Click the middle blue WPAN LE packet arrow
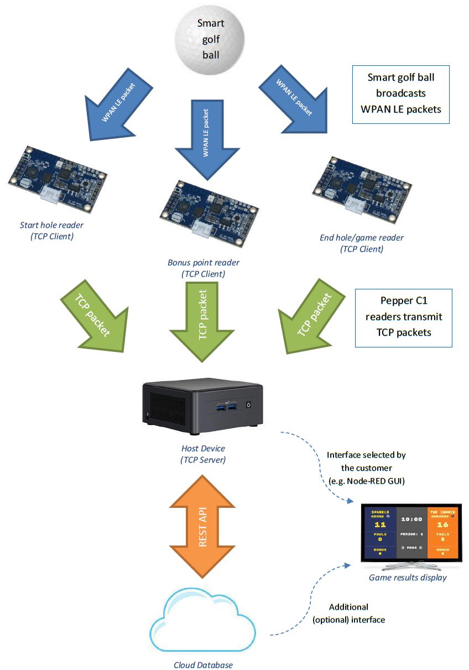click(x=205, y=138)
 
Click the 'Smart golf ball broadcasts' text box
click(x=400, y=94)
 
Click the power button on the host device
click(x=249, y=404)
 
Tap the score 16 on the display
click(x=441, y=524)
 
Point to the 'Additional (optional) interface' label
click(x=348, y=613)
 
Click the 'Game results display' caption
click(x=408, y=578)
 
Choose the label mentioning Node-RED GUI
click(x=366, y=468)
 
